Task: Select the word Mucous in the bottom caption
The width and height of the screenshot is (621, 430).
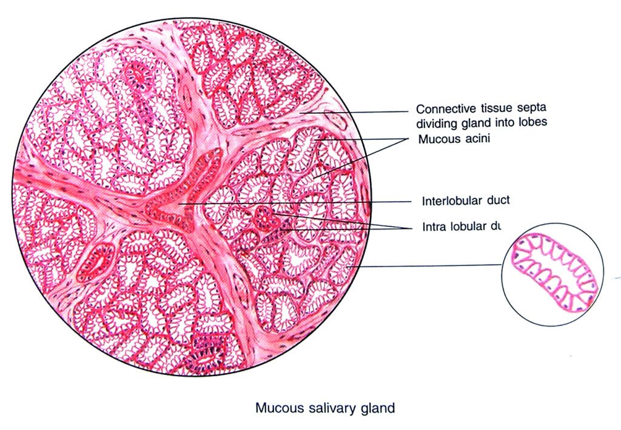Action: pyautogui.click(x=276, y=408)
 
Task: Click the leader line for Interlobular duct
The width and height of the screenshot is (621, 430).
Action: pyautogui.click(x=303, y=202)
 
